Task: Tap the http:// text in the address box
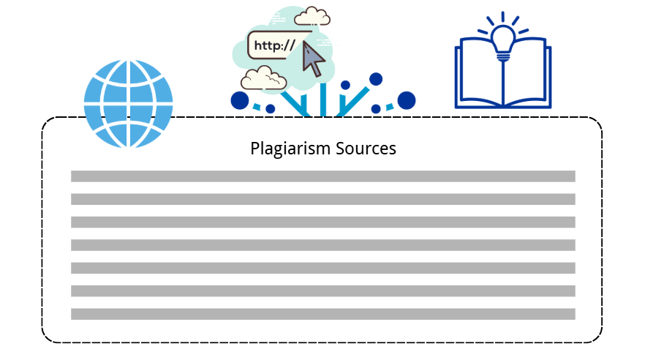pyautogui.click(x=274, y=45)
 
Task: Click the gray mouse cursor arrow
pyautogui.click(x=314, y=59)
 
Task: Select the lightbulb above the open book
pyautogui.click(x=503, y=40)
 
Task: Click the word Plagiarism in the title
pyautogui.click(x=291, y=149)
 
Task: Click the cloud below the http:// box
pyautogui.click(x=264, y=77)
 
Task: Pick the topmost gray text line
pyautogui.click(x=322, y=176)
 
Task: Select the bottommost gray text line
pyautogui.click(x=322, y=314)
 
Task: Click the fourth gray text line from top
pyautogui.click(x=322, y=245)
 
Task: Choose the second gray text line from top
pyautogui.click(x=322, y=199)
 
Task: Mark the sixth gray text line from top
pyautogui.click(x=322, y=290)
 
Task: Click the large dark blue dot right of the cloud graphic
pyautogui.click(x=406, y=100)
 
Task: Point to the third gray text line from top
pyautogui.click(x=322, y=222)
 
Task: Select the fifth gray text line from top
pyautogui.click(x=322, y=268)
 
